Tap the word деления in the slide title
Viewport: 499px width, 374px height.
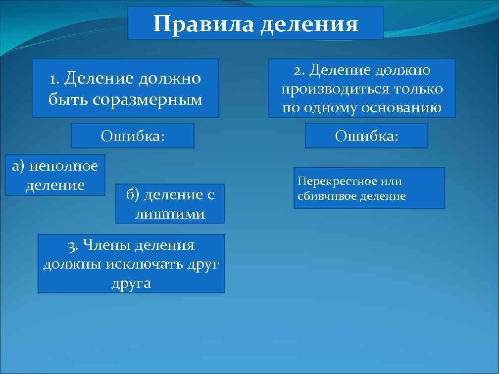(309, 24)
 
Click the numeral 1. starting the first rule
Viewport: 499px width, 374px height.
(54, 79)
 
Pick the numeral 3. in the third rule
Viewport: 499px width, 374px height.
(73, 245)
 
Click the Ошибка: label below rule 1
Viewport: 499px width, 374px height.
(133, 136)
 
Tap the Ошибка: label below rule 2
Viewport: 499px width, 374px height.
(366, 136)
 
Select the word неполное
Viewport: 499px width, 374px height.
(64, 166)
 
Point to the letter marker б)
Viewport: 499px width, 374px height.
(133, 195)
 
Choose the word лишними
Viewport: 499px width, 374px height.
(170, 214)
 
